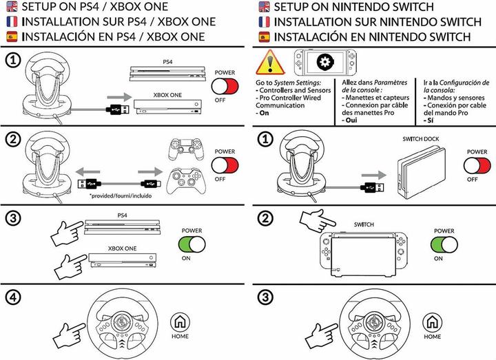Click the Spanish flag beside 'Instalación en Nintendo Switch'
click(x=263, y=36)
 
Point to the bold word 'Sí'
click(x=428, y=120)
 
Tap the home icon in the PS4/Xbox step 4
click(x=179, y=321)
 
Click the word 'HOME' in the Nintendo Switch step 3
click(x=432, y=337)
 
